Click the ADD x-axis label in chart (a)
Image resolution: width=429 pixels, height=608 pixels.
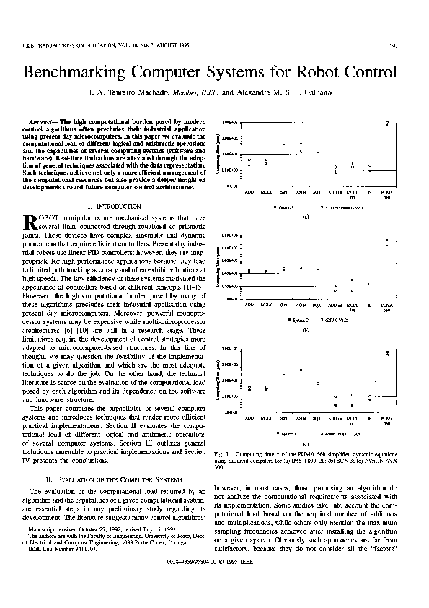pos(249,193)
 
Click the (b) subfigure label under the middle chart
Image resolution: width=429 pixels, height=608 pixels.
pos(306,329)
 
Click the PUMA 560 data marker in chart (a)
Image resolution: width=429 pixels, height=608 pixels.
pos(388,123)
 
